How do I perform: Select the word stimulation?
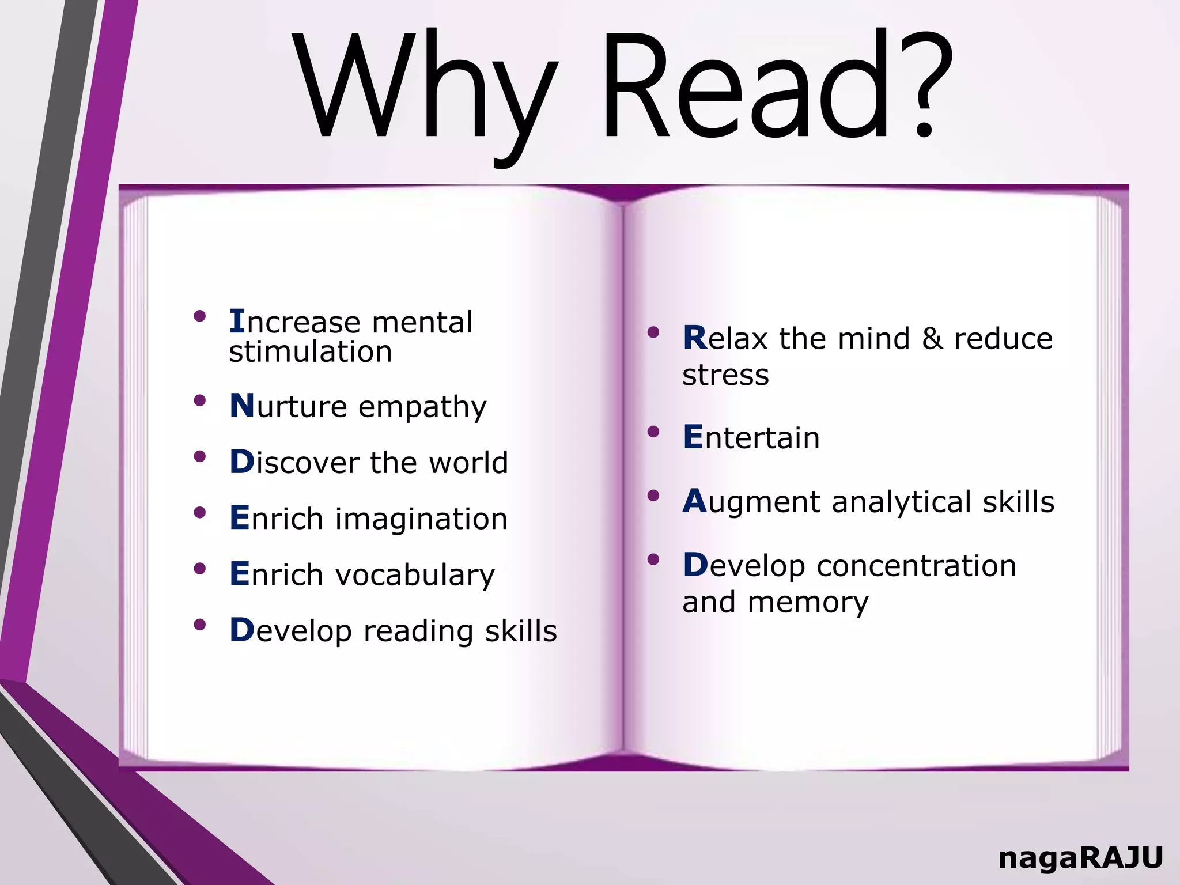(311, 351)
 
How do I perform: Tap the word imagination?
(421, 519)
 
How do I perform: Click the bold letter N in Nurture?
(242, 406)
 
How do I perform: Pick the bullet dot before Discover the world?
(200, 457)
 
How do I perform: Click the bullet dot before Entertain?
(653, 432)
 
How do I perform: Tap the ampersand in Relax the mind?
(932, 338)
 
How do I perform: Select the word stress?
(725, 375)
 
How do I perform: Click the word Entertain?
(751, 437)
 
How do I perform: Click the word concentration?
(916, 566)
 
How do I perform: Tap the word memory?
(808, 603)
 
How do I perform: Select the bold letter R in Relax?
(694, 338)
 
